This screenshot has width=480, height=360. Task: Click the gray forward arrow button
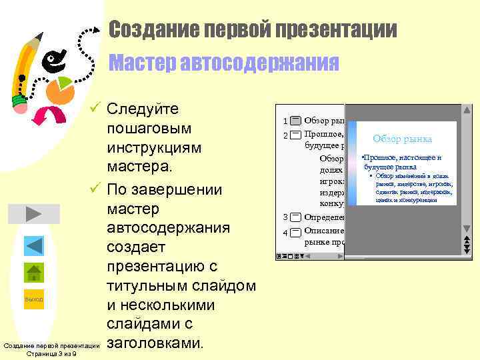pos(33,213)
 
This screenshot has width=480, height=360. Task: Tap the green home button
pos(33,273)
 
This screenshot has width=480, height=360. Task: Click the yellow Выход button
pos(33,299)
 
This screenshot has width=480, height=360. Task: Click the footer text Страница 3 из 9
pos(51,354)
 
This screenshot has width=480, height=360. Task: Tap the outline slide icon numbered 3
pos(295,217)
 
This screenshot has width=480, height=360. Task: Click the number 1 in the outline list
pos(285,121)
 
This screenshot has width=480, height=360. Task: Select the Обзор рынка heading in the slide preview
pos(402,139)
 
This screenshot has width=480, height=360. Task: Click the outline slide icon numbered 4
pos(295,232)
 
